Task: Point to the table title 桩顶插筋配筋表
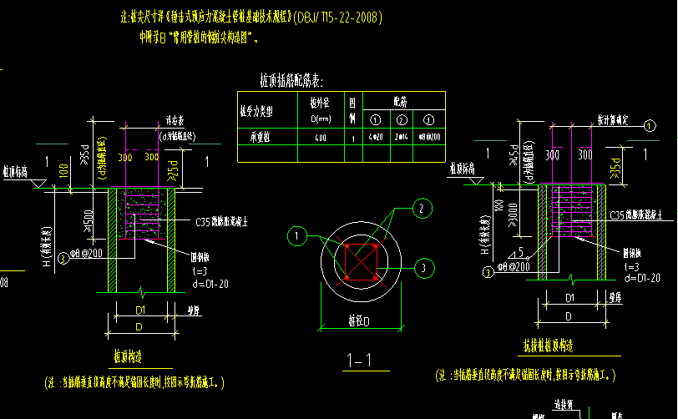pyautogui.click(x=291, y=80)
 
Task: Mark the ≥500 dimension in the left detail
pyautogui.click(x=86, y=220)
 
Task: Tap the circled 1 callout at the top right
pyautogui.click(x=649, y=125)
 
